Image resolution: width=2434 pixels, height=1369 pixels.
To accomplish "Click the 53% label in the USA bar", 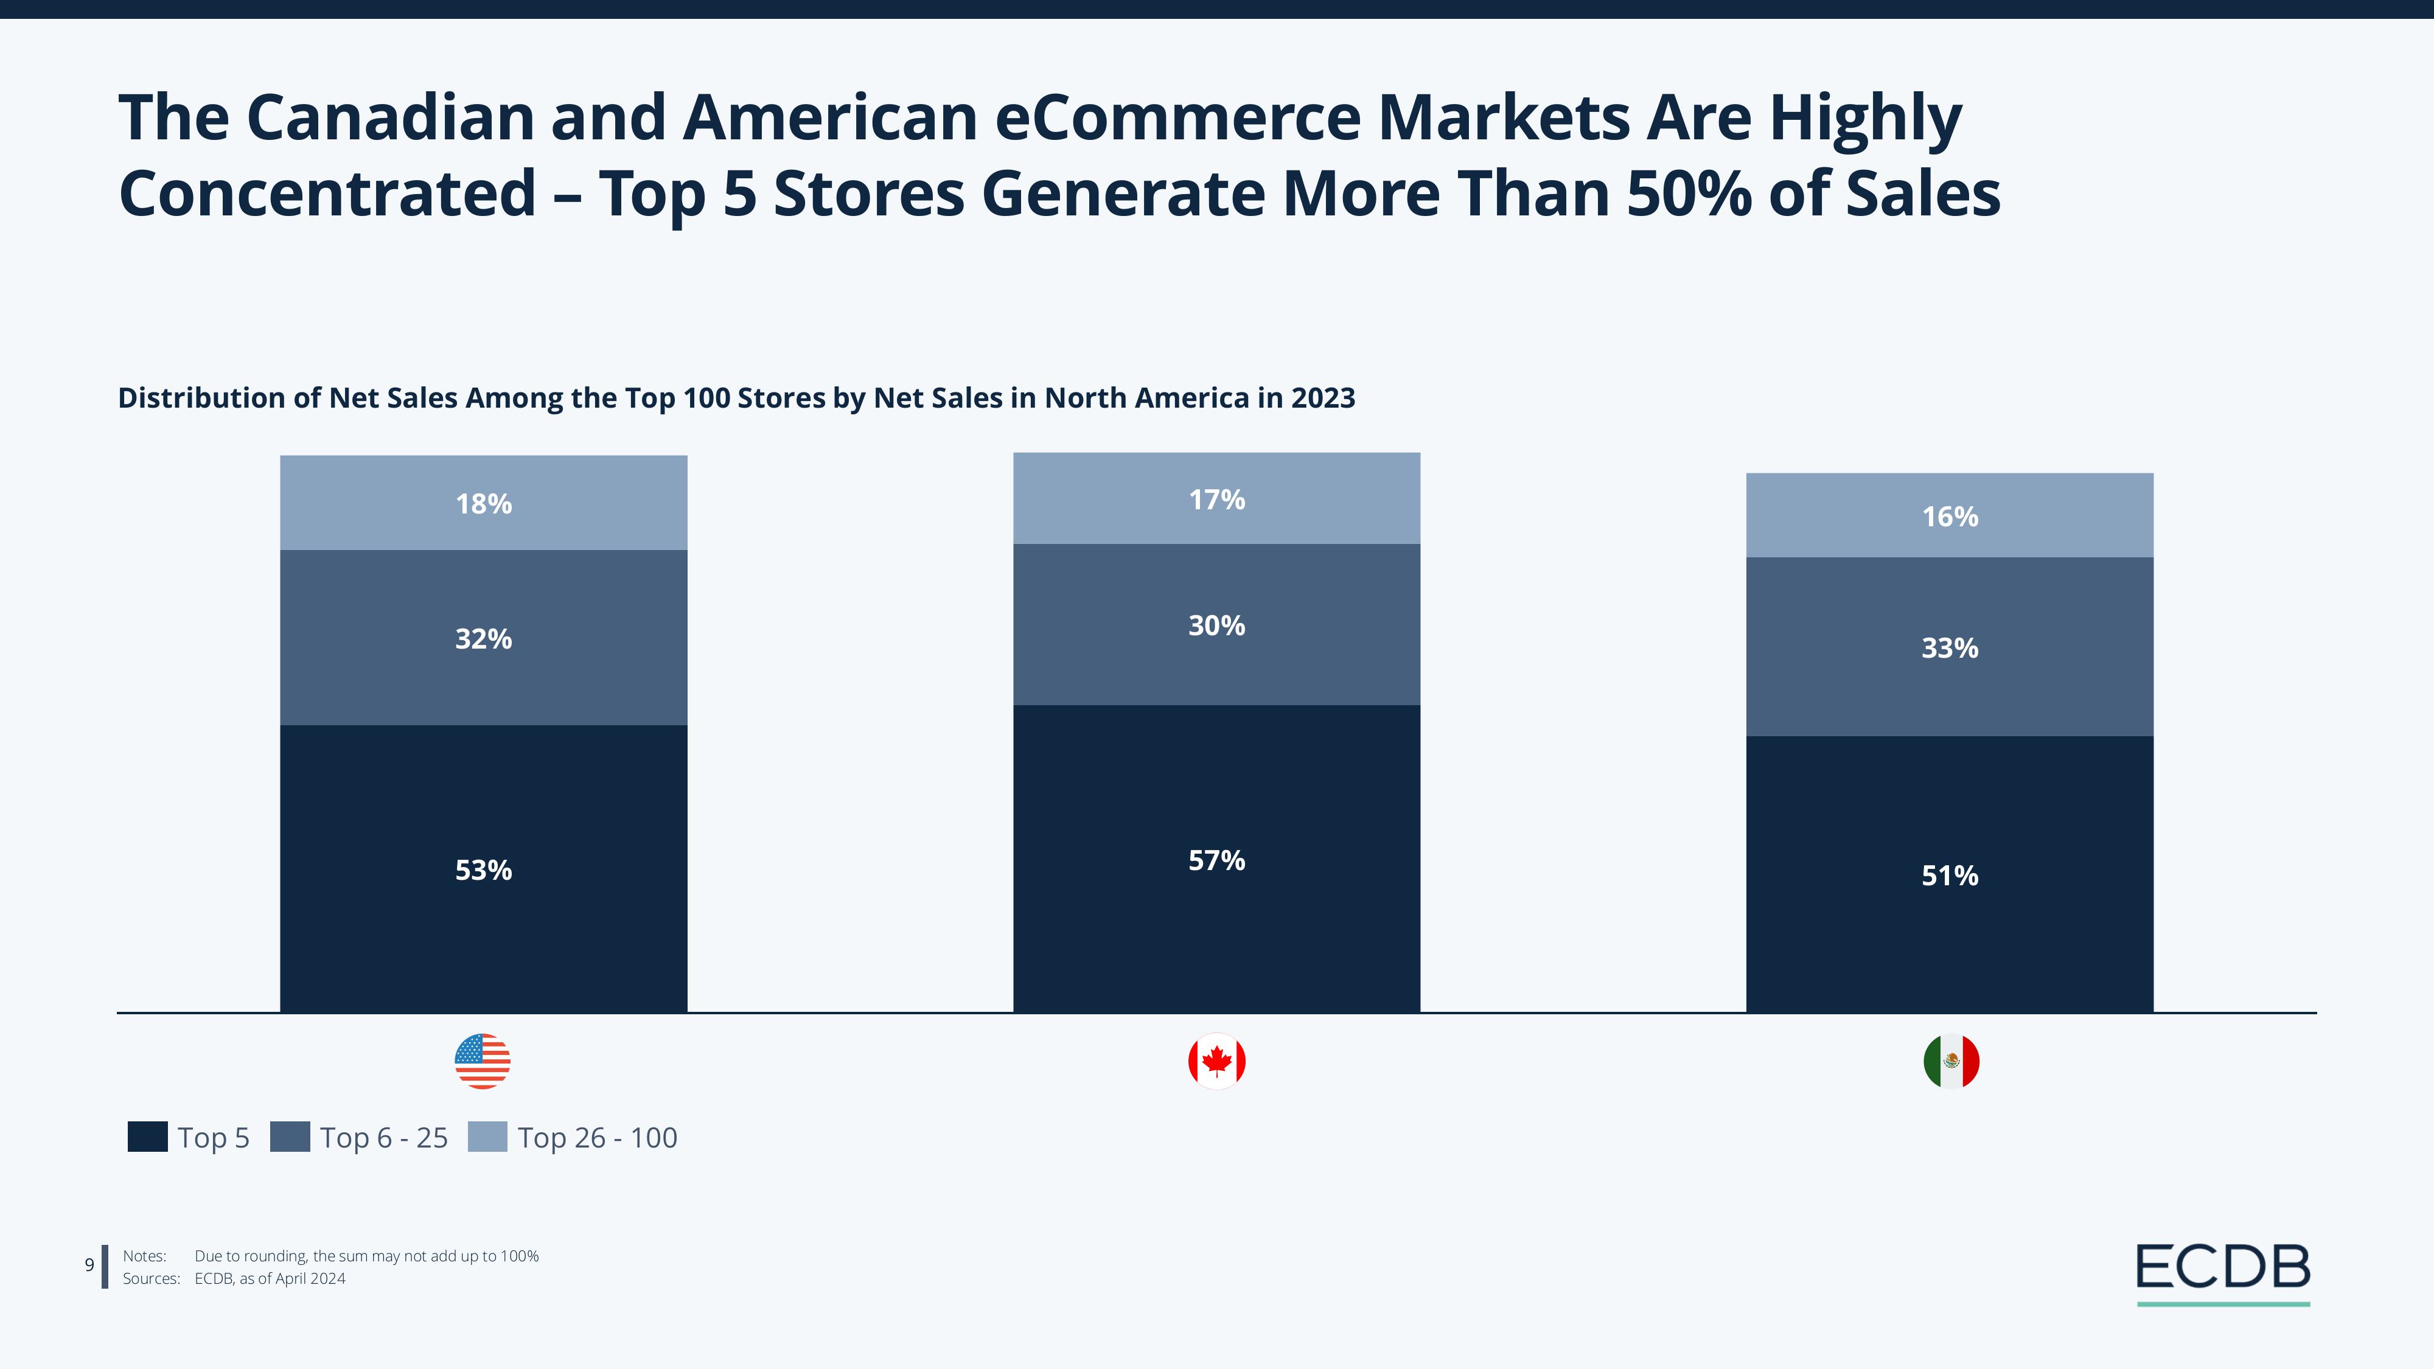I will [x=484, y=870].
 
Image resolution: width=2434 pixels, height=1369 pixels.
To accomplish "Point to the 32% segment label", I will [x=484, y=639].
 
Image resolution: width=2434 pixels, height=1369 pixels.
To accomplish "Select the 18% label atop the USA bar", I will [x=484, y=504].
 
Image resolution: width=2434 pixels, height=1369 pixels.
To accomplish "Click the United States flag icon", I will [x=483, y=1061].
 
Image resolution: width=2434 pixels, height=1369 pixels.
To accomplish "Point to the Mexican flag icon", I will [x=1951, y=1062].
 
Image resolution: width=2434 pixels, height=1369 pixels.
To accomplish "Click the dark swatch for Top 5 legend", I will [x=147, y=1137].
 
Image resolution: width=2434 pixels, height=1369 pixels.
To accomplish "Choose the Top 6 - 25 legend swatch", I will [x=290, y=1137].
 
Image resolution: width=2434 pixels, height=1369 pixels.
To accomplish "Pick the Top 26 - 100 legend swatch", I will [x=487, y=1137].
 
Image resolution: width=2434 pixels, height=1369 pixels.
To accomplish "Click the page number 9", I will [x=90, y=1265].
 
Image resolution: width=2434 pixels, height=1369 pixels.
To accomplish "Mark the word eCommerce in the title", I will [x=1177, y=118].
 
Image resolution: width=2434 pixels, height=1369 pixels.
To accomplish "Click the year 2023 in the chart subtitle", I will [x=1323, y=398].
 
